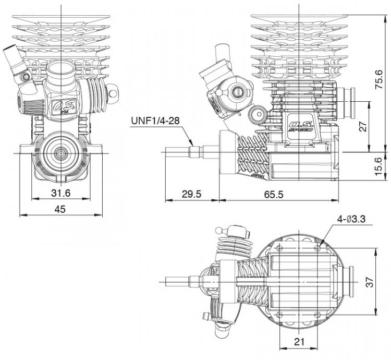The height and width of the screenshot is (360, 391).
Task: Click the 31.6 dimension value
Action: click(61, 194)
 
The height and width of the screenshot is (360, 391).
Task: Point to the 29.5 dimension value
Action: click(191, 194)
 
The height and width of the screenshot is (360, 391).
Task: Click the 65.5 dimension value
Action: click(273, 194)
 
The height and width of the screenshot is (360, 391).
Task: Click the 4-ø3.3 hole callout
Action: click(351, 220)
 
